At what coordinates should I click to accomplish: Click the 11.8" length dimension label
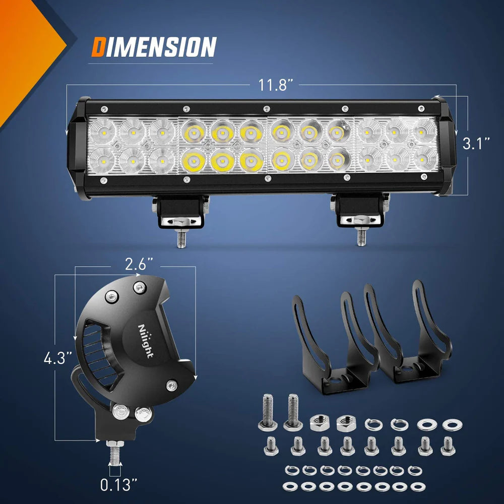(276, 85)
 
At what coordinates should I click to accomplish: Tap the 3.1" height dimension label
(476, 144)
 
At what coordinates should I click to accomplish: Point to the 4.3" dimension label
(57, 360)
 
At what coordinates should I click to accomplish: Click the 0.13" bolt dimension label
(119, 485)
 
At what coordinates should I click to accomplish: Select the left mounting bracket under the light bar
(181, 211)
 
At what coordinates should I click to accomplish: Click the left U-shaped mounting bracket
(333, 343)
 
